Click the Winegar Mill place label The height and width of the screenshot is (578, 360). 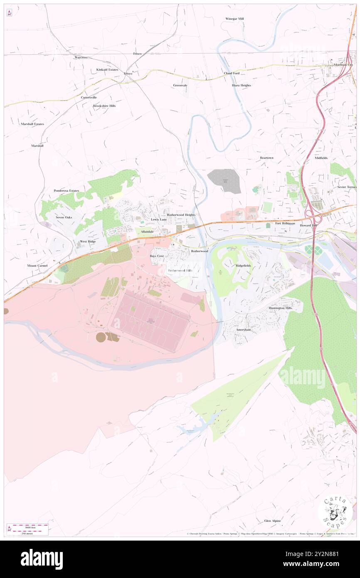[234, 19]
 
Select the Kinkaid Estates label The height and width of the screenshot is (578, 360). [107, 69]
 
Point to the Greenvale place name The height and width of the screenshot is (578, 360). [180, 85]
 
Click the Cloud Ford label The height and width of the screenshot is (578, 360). [232, 73]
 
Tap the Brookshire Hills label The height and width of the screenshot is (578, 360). [104, 106]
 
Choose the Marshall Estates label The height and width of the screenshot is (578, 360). [32, 124]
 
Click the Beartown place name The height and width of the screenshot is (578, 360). [266, 158]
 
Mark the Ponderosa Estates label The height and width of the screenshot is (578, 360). [66, 190]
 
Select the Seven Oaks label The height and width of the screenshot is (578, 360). [64, 217]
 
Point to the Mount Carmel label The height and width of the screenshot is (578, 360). [37, 265]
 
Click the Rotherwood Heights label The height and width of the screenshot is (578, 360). [181, 215]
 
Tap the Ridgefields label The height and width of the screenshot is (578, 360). [244, 265]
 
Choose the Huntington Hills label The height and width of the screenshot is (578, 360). [280, 308]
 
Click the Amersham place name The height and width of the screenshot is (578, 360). [244, 329]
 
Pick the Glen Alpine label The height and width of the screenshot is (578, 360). [272, 521]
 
